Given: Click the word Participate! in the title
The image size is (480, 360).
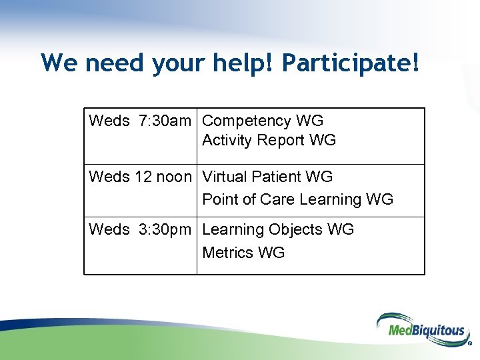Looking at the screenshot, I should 351,63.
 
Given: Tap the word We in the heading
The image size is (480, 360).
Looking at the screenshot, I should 60,63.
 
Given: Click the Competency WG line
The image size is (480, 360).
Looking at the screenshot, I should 262,121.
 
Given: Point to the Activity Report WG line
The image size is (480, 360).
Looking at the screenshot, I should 269,141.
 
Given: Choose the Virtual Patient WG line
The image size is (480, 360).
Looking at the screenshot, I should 267,177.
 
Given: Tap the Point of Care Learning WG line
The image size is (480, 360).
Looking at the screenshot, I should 297,199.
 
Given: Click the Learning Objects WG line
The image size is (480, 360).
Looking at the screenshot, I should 277,230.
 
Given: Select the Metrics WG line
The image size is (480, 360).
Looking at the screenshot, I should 243,253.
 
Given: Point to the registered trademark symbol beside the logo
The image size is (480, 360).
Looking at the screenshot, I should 470,345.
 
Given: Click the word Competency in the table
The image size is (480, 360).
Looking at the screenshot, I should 246,121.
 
